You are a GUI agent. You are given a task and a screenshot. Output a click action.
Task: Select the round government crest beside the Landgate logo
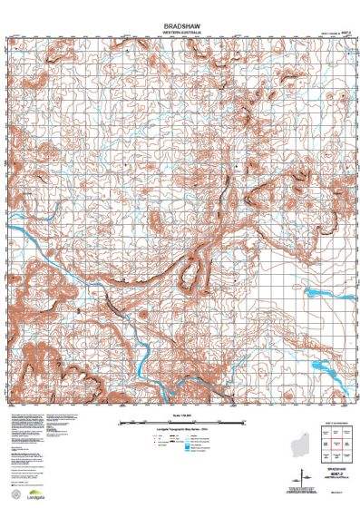click(14, 493)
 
